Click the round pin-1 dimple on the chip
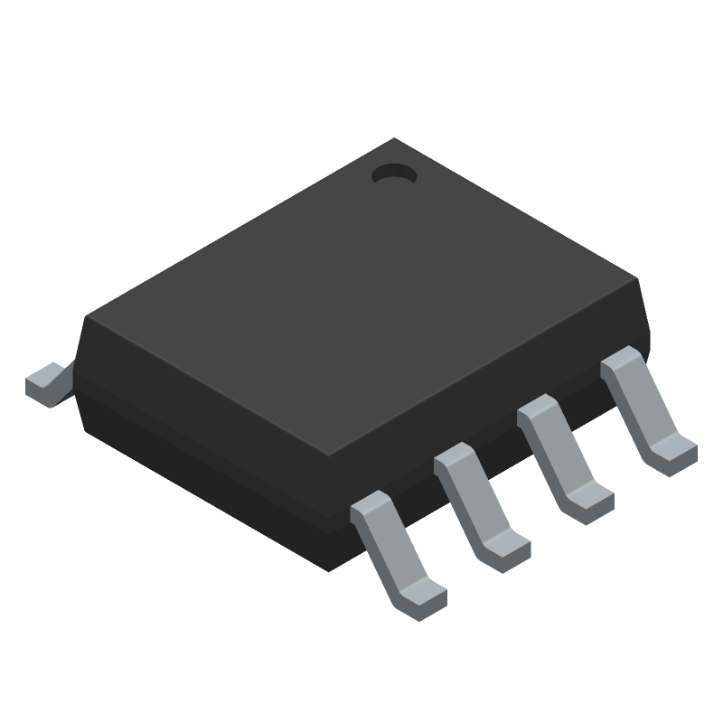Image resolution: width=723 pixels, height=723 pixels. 393,173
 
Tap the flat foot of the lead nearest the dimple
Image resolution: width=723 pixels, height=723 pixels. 673,452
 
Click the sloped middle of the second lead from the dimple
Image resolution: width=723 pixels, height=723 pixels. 552,452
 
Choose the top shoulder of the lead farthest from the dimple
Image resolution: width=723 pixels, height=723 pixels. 370,506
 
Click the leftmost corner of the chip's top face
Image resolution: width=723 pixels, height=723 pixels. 86,317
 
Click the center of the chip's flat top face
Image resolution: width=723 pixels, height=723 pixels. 361,298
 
